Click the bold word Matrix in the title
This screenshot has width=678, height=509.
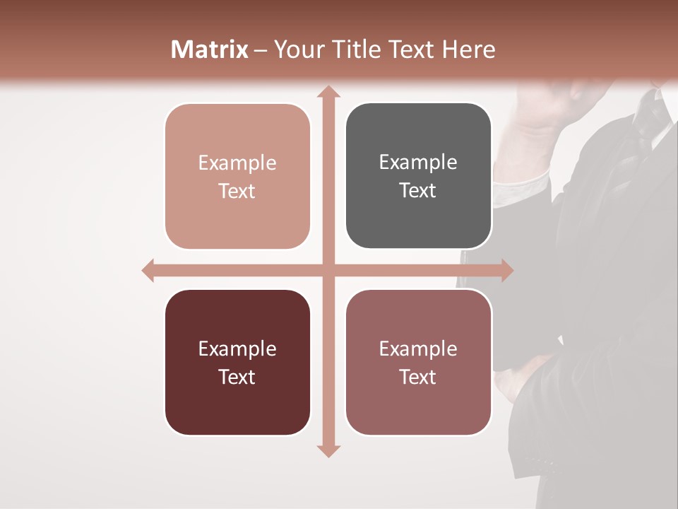click(210, 49)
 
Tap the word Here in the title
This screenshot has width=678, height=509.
click(468, 49)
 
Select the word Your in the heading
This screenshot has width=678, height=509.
click(299, 49)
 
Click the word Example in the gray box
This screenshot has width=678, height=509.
click(418, 163)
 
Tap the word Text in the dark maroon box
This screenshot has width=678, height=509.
click(237, 378)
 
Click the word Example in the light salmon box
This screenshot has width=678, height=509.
click(237, 163)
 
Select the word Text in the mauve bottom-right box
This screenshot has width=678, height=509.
click(418, 378)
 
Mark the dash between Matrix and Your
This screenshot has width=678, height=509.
click(261, 50)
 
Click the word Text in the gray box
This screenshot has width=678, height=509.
click(418, 191)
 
